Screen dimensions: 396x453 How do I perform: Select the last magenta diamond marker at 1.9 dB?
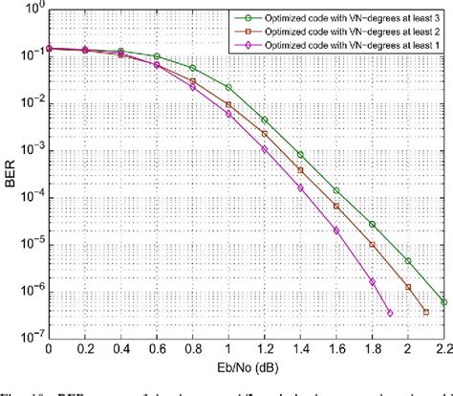(x=390, y=313)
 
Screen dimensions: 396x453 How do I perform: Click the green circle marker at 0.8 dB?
(x=193, y=68)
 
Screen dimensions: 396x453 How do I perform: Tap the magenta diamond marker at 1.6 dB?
(x=336, y=230)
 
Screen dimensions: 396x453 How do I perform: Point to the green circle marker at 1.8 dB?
(x=373, y=224)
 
